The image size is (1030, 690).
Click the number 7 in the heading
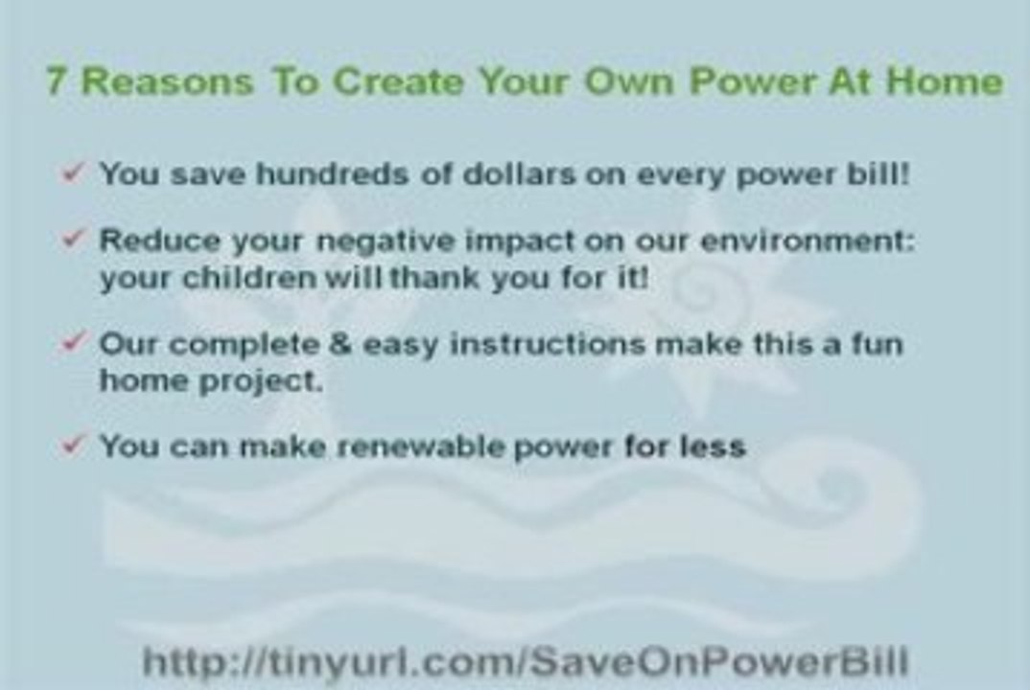[57, 81]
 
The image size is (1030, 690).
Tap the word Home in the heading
[944, 81]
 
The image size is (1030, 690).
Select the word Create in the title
[394, 81]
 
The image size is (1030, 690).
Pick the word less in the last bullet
[712, 447]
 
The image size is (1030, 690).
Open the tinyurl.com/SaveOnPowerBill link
[525, 661]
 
